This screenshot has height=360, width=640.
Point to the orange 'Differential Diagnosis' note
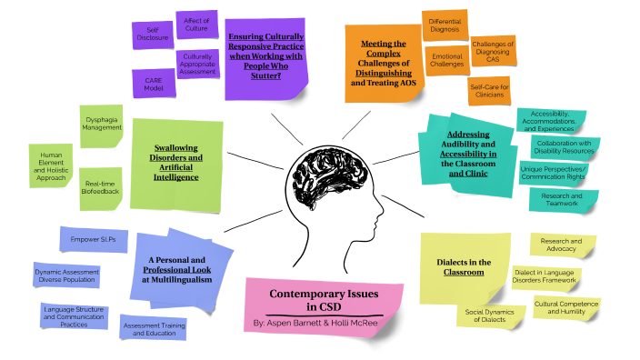(x=445, y=25)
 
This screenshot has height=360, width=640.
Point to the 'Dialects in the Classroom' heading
(x=465, y=266)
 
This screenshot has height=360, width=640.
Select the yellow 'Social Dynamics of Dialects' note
(x=485, y=315)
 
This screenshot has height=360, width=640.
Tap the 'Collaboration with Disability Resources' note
(x=563, y=145)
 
